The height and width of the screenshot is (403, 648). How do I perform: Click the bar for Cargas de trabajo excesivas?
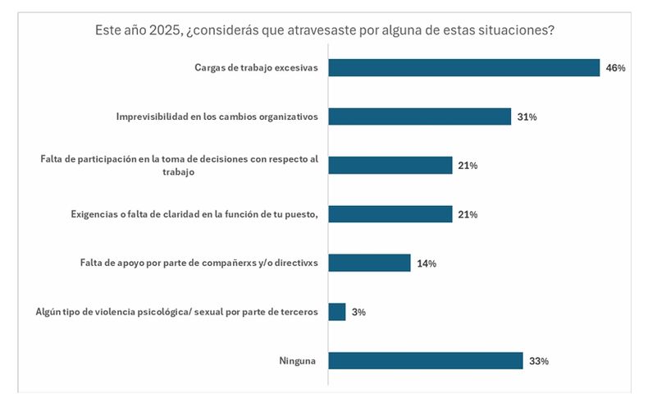click(x=463, y=67)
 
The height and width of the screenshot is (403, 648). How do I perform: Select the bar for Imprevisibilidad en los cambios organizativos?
click(x=419, y=117)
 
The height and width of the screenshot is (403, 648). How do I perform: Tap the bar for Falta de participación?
click(x=390, y=165)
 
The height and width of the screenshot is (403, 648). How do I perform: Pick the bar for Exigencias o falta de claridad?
click(x=390, y=214)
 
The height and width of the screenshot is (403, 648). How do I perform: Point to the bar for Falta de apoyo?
click(x=369, y=263)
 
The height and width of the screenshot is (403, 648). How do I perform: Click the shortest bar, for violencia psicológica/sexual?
click(x=336, y=312)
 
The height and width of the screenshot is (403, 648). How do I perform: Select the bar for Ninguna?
click(x=425, y=360)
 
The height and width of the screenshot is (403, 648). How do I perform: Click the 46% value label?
click(x=615, y=68)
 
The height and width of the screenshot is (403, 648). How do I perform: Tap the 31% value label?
click(x=527, y=117)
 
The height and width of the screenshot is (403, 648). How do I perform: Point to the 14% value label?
click(x=427, y=263)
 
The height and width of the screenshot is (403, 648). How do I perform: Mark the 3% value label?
click(x=359, y=313)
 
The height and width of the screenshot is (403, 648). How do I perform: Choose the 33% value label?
click(x=539, y=361)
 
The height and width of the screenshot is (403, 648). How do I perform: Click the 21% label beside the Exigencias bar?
click(x=468, y=215)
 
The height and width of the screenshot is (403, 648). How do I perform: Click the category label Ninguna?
click(x=298, y=361)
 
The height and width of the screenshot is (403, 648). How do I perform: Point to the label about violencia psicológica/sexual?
click(x=176, y=313)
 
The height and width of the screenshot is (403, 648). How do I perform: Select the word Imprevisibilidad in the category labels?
click(x=155, y=117)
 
